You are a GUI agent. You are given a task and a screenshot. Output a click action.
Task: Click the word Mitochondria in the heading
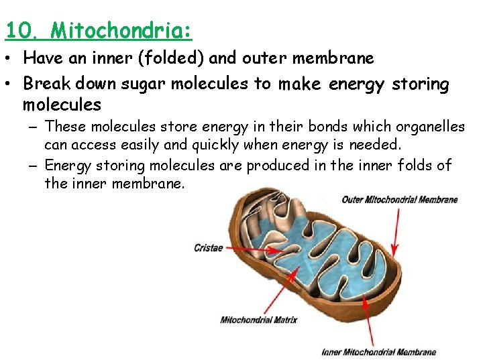121,30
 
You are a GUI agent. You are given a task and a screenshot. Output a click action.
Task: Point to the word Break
46,84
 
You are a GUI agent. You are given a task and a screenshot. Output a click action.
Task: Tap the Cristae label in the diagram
208,248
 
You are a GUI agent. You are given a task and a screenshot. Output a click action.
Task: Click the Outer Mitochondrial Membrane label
399,199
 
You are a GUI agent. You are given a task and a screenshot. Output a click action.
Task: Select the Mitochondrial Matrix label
258,320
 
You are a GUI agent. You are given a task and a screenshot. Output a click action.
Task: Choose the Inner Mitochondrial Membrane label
379,352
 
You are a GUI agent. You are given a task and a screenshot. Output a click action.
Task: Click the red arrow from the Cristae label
255,249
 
